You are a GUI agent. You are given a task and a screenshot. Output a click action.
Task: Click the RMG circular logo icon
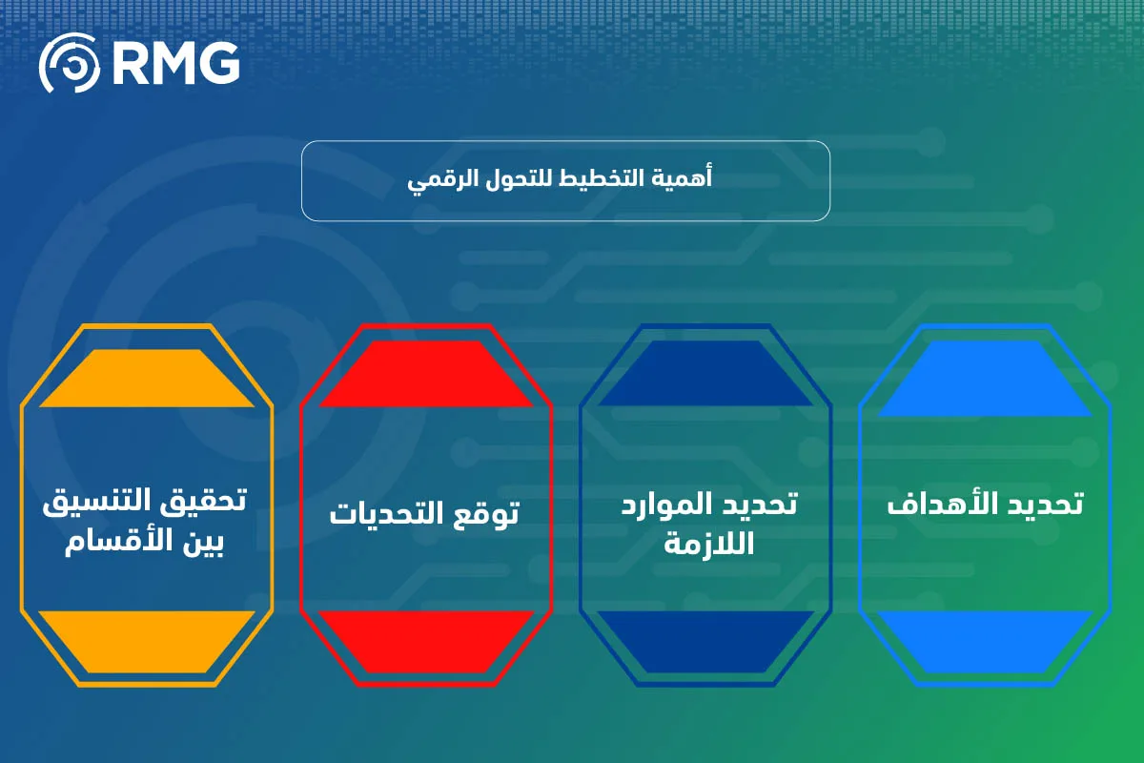[69, 63]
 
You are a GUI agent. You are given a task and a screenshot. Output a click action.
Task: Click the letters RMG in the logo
[175, 63]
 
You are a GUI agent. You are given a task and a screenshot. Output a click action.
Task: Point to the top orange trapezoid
[147, 379]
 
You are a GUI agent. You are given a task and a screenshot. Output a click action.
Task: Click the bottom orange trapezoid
[147, 640]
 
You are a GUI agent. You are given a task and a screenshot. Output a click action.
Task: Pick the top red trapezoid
[426, 375]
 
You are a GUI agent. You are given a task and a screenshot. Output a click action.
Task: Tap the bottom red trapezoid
[426, 640]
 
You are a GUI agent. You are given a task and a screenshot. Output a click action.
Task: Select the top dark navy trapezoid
[705, 375]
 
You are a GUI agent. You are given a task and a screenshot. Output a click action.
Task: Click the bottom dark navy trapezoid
[705, 640]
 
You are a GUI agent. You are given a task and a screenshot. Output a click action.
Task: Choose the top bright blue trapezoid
[985, 379]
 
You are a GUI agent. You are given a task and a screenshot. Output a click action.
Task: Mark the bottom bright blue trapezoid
[985, 640]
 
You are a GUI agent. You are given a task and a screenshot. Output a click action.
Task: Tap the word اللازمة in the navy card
[707, 544]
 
